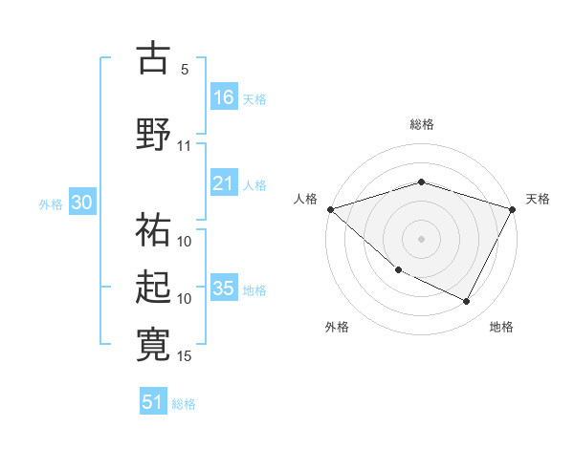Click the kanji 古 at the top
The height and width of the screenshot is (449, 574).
154,58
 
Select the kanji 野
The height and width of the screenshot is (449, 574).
154,134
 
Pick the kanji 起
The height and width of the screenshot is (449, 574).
154,288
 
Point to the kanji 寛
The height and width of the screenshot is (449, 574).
154,345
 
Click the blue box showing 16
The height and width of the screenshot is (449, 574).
224,96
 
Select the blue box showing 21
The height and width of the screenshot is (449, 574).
224,183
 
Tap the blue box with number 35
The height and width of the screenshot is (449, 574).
224,289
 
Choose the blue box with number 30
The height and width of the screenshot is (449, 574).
81,203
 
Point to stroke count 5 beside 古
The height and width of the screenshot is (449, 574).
185,70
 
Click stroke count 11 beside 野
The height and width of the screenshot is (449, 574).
185,146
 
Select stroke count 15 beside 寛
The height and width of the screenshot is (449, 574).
185,356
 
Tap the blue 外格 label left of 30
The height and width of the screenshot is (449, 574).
51,203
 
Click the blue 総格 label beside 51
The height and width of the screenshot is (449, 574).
184,403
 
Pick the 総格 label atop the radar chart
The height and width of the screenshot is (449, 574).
422,124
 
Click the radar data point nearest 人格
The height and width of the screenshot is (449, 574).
330,208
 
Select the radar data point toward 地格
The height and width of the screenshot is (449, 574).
467,302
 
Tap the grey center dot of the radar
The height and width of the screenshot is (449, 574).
422,238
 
